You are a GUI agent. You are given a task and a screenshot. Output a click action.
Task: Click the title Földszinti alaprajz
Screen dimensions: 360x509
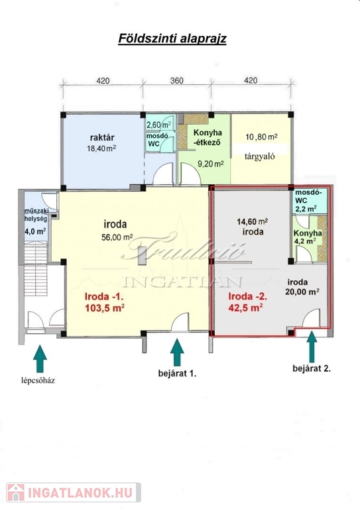[172, 38]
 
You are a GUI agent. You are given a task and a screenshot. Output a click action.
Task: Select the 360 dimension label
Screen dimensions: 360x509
[177, 80]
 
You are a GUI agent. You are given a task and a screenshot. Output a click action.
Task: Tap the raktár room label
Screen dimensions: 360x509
[102, 137]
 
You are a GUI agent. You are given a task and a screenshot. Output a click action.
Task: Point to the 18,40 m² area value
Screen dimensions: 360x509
[101, 148]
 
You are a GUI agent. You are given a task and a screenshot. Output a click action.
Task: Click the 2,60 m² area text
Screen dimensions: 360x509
[158, 125]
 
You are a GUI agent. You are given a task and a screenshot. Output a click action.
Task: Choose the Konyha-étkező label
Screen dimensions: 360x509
[208, 137]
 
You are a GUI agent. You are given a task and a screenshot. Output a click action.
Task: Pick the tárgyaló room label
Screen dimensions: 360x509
[259, 156]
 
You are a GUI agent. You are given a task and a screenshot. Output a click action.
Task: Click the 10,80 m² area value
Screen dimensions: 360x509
[261, 137]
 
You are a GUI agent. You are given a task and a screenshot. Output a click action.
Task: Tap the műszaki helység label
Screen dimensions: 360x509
[36, 215]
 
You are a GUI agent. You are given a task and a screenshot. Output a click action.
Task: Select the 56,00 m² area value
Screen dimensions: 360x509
[117, 237]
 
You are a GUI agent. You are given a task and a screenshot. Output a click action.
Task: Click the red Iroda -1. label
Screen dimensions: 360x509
[104, 296]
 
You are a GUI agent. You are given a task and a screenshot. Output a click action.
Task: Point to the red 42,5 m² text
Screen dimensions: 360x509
[245, 308]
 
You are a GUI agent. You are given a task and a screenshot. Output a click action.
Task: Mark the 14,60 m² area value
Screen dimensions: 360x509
[252, 222]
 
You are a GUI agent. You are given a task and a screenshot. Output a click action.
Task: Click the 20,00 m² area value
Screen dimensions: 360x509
[302, 292]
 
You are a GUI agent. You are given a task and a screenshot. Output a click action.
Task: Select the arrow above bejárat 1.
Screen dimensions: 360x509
[177, 353]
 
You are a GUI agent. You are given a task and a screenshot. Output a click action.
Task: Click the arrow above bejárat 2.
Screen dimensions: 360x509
[312, 347]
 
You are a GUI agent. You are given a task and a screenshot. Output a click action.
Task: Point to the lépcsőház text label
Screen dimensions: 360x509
[38, 380]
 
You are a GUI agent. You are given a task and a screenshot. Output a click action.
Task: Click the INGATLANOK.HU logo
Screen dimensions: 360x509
[74, 492]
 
